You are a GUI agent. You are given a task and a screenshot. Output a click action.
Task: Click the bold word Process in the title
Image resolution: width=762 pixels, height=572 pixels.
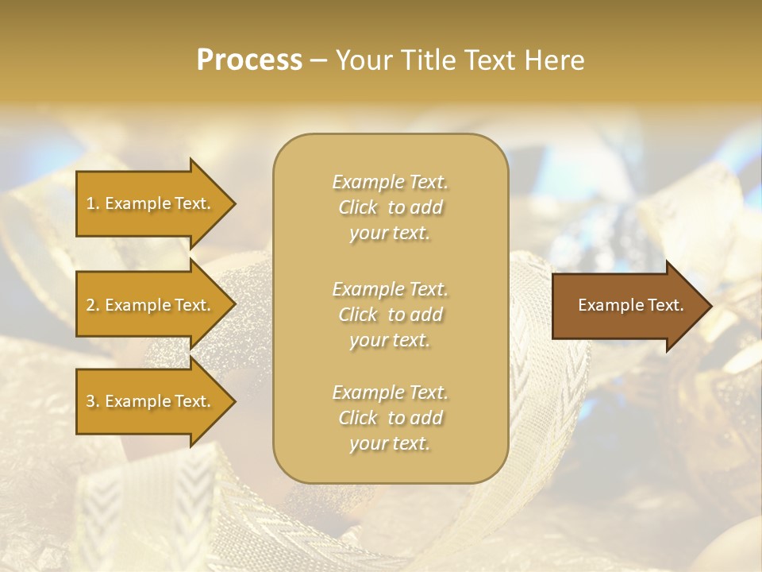click(249, 60)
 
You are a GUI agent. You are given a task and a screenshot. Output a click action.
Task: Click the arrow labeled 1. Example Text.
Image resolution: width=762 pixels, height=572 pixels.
click(151, 203)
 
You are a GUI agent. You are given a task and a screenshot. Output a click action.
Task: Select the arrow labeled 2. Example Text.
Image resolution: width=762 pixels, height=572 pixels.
click(151, 305)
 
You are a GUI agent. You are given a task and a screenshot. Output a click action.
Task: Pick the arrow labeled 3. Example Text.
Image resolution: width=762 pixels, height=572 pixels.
click(151, 401)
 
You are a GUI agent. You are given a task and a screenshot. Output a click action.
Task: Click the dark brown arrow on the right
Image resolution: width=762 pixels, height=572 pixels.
click(627, 305)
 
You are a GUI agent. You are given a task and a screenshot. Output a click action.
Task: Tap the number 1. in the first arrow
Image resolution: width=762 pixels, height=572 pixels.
click(93, 203)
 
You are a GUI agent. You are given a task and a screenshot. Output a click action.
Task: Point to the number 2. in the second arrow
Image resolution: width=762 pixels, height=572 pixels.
click(93, 305)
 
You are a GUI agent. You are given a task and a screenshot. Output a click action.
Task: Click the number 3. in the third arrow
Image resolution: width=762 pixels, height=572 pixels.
click(93, 401)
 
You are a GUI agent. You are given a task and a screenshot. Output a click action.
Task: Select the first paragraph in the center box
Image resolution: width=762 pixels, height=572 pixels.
click(390, 207)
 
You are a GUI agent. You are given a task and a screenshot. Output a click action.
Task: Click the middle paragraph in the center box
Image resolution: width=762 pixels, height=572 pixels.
click(390, 315)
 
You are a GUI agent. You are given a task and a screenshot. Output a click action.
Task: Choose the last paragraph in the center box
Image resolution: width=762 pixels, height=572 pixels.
click(390, 418)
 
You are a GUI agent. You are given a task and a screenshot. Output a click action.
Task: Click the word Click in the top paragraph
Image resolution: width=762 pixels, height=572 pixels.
click(358, 208)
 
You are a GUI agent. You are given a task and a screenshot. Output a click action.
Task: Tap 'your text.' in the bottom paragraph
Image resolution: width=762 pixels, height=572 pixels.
click(390, 444)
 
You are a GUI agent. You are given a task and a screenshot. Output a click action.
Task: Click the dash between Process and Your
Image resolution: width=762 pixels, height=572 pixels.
click(318, 60)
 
